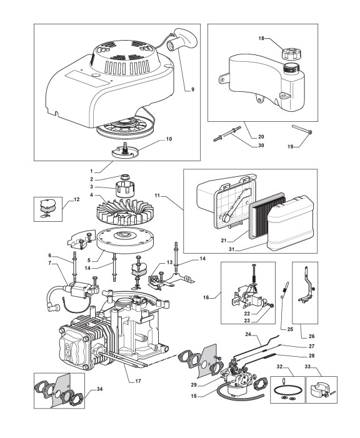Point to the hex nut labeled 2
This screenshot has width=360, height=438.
pos(124,177)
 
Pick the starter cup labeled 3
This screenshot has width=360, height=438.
pos(125,188)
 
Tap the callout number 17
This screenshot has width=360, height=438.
pos(138,381)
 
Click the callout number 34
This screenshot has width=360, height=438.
pos(99,389)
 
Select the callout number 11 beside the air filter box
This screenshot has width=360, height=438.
pos(157,196)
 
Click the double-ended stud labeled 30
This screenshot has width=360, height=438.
pos(227,134)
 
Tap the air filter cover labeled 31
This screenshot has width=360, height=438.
pos(290,224)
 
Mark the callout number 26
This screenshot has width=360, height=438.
pos(312,336)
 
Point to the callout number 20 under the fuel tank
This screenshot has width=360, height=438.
pos(261,137)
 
